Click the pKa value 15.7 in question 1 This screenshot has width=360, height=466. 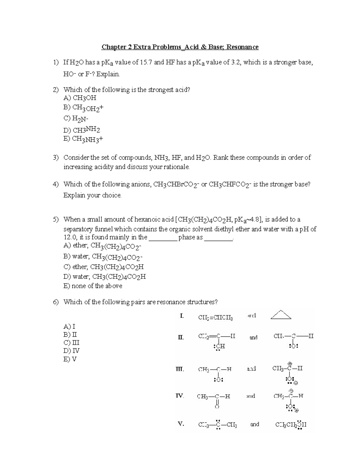point(146,62)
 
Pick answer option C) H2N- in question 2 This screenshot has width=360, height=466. point(76,119)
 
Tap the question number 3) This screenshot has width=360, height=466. point(56,158)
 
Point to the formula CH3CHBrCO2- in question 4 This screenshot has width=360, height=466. point(176,185)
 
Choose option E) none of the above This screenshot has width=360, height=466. point(93,286)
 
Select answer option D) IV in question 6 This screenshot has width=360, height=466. point(71,351)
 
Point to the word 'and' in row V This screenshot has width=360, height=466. point(254,424)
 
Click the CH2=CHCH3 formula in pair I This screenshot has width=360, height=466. point(215,317)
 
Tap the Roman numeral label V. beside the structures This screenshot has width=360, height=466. point(181,424)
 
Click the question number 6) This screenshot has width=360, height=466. point(56,302)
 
